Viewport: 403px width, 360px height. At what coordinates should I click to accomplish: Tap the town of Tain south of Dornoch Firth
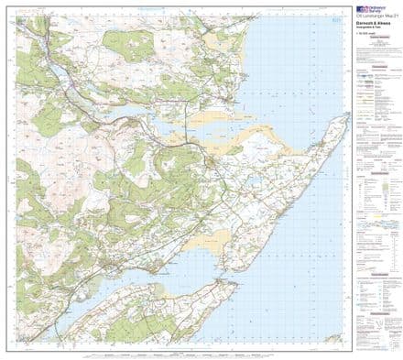212,162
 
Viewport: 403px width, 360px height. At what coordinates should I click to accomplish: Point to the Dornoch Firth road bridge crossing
192,140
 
